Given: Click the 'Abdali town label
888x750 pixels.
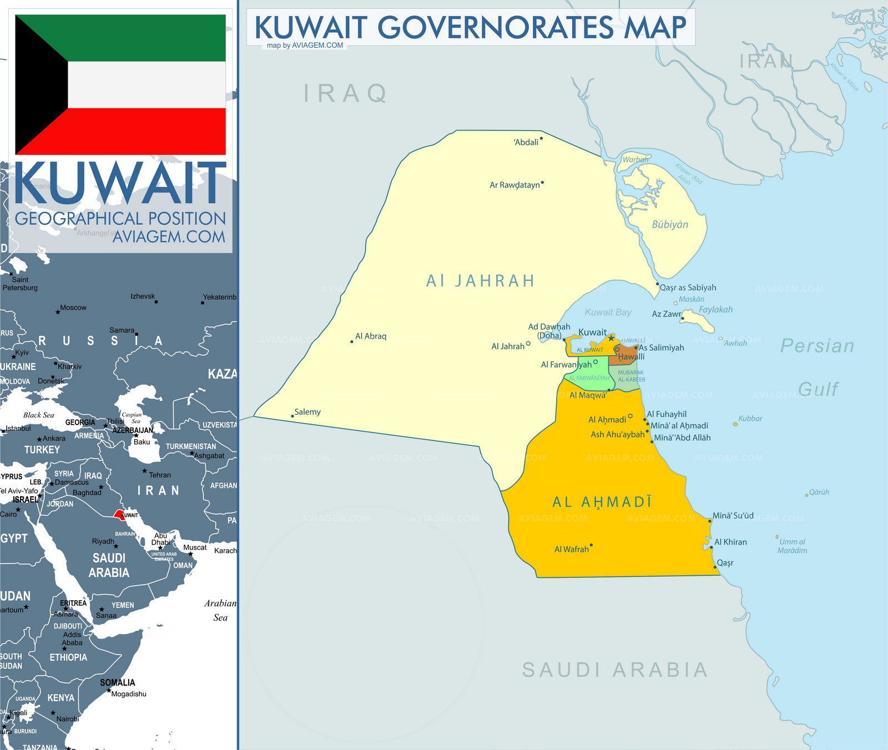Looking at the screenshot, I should pos(526,142).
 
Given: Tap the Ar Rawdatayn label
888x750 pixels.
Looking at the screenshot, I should pos(514,185).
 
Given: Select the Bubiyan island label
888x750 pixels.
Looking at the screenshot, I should pos(670,224).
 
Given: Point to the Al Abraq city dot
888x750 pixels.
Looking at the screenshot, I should pos(352,341).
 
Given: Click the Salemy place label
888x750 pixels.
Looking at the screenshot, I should pos(307,412).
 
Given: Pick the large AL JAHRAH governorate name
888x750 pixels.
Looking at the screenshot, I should pos(480,281).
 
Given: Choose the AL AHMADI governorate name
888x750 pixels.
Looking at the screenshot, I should pos(602,502).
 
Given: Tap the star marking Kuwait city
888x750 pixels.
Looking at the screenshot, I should pos(611,338).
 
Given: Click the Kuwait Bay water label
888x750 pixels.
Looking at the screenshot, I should pos(608,312).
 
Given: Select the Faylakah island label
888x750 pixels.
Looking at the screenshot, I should pos(715,309).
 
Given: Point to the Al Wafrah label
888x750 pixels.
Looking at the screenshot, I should pos(571,549).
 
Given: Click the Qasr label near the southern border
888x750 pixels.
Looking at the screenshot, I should pos(725,562).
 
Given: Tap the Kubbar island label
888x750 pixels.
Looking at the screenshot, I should pos(750,419).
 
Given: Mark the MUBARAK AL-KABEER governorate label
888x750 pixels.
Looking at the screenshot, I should pos(631,376).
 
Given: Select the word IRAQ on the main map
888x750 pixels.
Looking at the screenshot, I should pos(345,93).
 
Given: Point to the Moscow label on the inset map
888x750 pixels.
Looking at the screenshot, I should pos(73,308).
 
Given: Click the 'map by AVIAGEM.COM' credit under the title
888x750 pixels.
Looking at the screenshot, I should pos(305,46).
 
